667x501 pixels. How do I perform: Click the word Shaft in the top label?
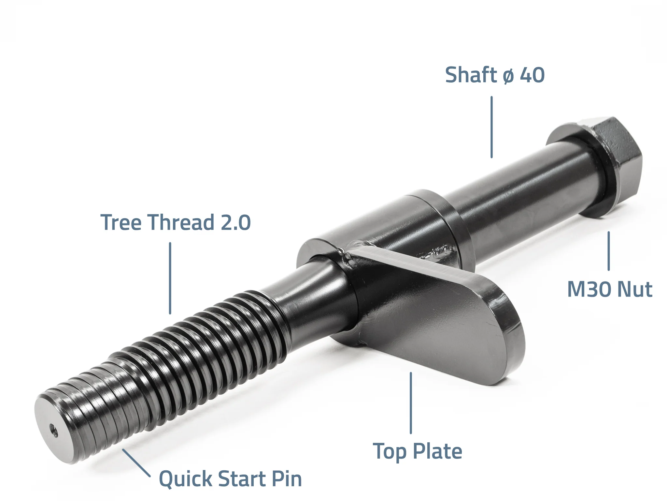click(x=471, y=75)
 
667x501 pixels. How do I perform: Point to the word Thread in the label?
click(x=181, y=222)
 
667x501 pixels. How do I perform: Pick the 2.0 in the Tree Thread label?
click(x=236, y=222)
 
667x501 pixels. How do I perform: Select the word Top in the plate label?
click(x=390, y=452)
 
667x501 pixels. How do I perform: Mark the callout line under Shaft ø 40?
click(x=491, y=127)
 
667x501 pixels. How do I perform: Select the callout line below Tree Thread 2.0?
click(x=170, y=278)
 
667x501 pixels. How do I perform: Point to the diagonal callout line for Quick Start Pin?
click(x=136, y=463)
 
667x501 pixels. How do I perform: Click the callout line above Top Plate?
click(x=411, y=403)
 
